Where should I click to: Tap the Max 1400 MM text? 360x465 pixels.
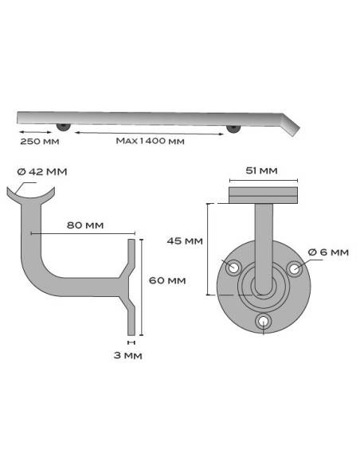150,142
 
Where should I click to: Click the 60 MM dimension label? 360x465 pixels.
167,280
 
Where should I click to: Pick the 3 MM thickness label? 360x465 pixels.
127,356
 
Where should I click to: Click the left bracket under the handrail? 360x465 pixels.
64,127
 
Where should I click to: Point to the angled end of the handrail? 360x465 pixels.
292,123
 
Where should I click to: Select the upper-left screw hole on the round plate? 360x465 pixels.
233,268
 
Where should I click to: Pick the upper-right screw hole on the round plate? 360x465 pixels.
294,268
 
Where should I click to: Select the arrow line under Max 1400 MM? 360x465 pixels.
150,132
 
